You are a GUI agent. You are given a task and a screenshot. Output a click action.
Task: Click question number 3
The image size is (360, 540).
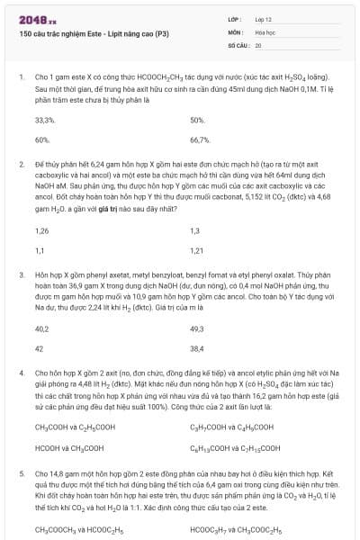click(x=21, y=271)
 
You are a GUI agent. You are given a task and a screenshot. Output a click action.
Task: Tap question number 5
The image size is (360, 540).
click(x=21, y=471)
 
